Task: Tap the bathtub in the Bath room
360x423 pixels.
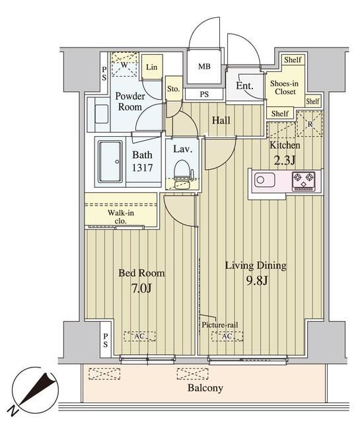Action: coord(110,161)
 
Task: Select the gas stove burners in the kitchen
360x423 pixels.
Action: coord(304,181)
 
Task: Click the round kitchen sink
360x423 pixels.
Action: coord(260,180)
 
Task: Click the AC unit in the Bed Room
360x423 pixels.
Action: coord(139,336)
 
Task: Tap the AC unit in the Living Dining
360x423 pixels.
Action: coord(227,336)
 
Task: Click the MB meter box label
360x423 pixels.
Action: coord(204,66)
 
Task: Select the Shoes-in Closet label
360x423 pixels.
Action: coord(284,87)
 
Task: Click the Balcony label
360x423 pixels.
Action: coord(205,388)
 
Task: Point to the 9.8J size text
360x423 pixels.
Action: coord(257,281)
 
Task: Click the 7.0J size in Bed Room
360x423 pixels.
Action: coord(141,288)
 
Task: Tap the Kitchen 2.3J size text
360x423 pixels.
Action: coord(285,161)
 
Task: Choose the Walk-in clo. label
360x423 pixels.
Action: coord(120,217)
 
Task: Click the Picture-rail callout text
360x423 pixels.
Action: coord(220,325)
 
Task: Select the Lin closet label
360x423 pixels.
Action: coord(151,67)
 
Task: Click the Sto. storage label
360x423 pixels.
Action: coord(173,89)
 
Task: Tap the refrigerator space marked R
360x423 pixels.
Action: coord(310,124)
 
